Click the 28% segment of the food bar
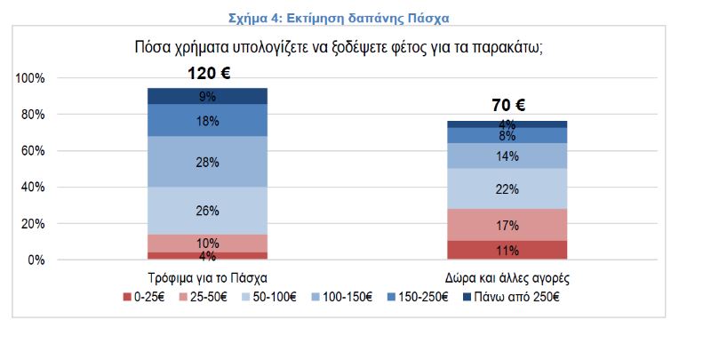208,161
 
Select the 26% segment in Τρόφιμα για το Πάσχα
208,211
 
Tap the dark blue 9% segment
208,96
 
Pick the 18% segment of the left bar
208,121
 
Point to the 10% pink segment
208,244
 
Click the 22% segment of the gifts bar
507,188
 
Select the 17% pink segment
507,225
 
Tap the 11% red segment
507,250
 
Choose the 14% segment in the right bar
507,156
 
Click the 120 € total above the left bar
208,74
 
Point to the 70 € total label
508,106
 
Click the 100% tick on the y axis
30,78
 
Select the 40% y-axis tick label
33,188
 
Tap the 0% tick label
36,260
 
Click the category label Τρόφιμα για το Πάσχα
207,278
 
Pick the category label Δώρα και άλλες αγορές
507,278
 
